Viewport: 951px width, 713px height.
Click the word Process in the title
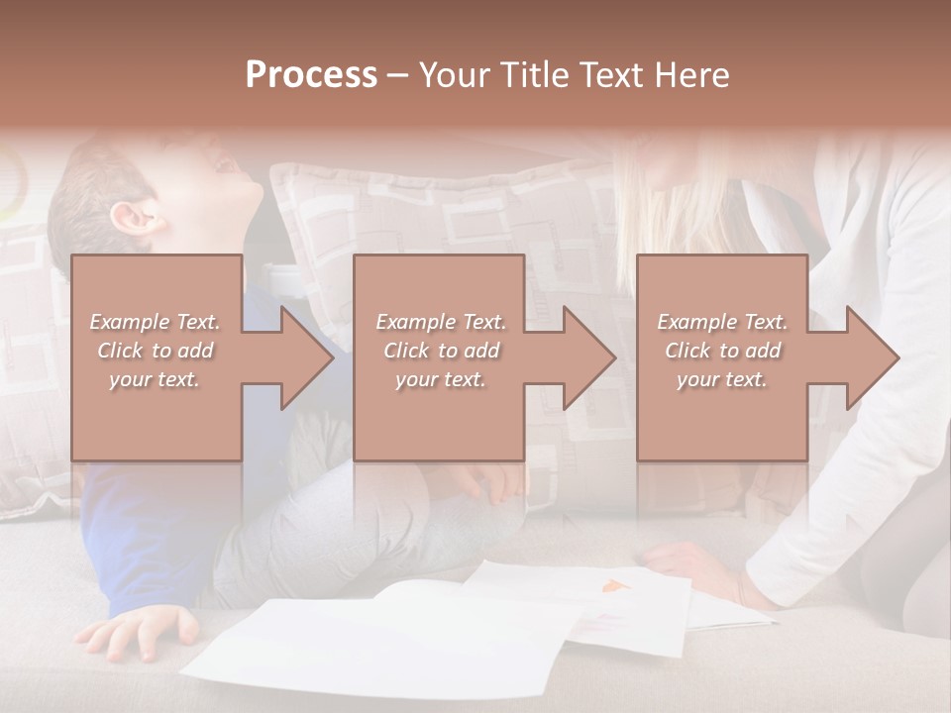coord(311,75)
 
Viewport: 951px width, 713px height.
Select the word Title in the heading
coord(532,75)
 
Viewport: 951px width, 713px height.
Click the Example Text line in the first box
coord(156,322)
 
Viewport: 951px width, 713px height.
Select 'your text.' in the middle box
coord(440,379)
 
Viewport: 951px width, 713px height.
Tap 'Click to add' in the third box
coord(722,351)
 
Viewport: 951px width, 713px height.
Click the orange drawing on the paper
coord(615,586)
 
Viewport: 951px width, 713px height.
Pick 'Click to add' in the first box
coord(156,351)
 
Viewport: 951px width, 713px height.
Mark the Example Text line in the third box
coord(722,322)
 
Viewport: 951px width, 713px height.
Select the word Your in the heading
coord(455,75)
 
